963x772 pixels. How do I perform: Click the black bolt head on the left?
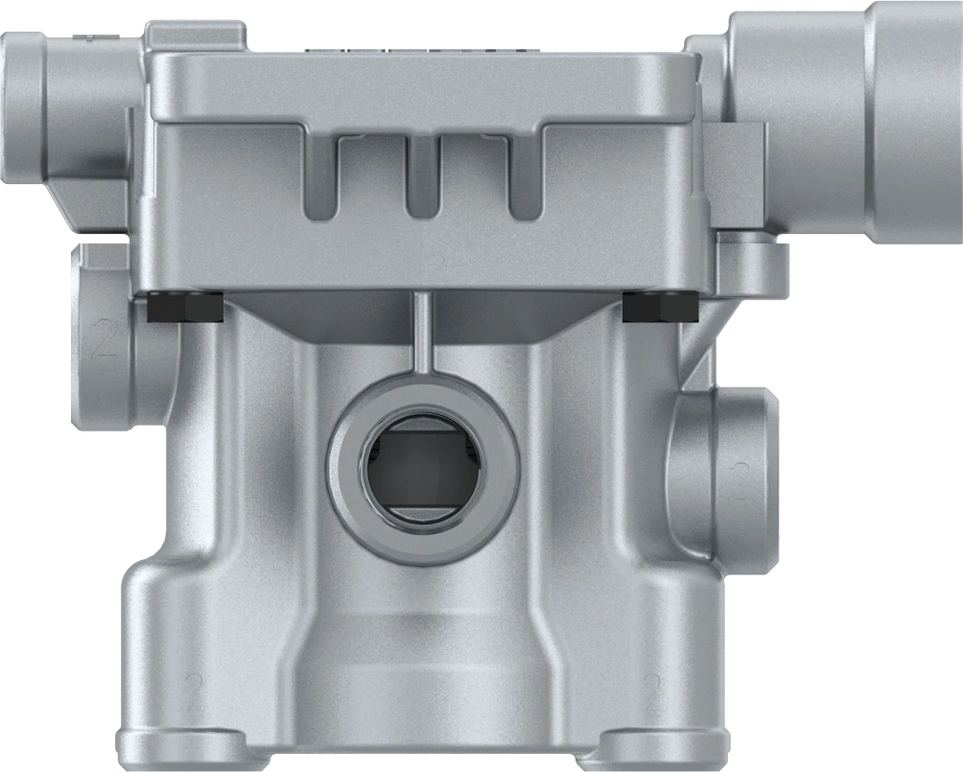tap(185, 308)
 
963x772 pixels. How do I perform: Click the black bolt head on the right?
tap(659, 308)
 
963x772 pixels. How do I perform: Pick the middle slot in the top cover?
tap(422, 176)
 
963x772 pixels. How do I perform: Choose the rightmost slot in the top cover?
tap(524, 176)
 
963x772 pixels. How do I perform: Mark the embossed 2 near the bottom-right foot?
tap(654, 691)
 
